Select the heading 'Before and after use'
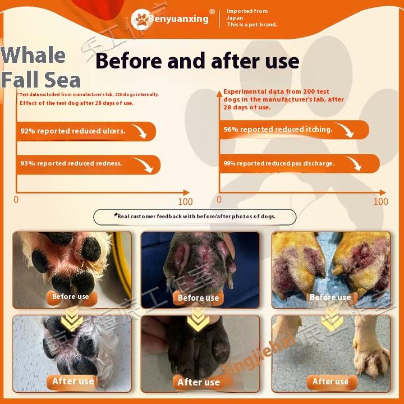(x=197, y=61)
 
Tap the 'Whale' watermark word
(x=33, y=55)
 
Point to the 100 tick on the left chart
(x=185, y=201)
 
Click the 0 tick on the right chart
(x=219, y=200)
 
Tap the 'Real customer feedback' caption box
(x=201, y=216)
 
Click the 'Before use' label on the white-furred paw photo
(x=71, y=297)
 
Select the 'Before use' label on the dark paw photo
(x=198, y=298)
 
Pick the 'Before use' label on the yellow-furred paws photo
(x=330, y=297)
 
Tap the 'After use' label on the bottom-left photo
(x=73, y=381)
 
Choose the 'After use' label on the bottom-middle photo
(x=198, y=382)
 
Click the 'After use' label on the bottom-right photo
(x=330, y=382)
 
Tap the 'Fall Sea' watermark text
(x=40, y=80)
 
